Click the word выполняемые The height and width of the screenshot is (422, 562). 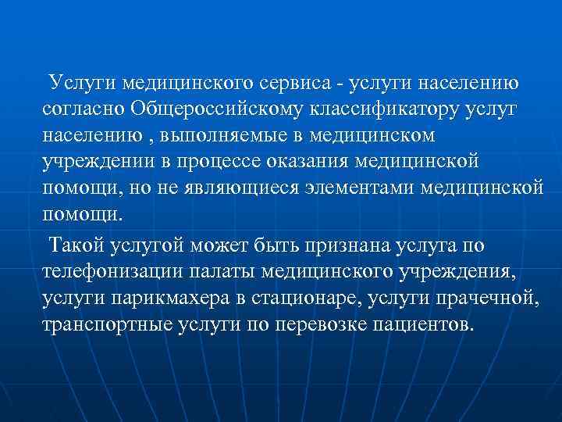click(235, 136)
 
